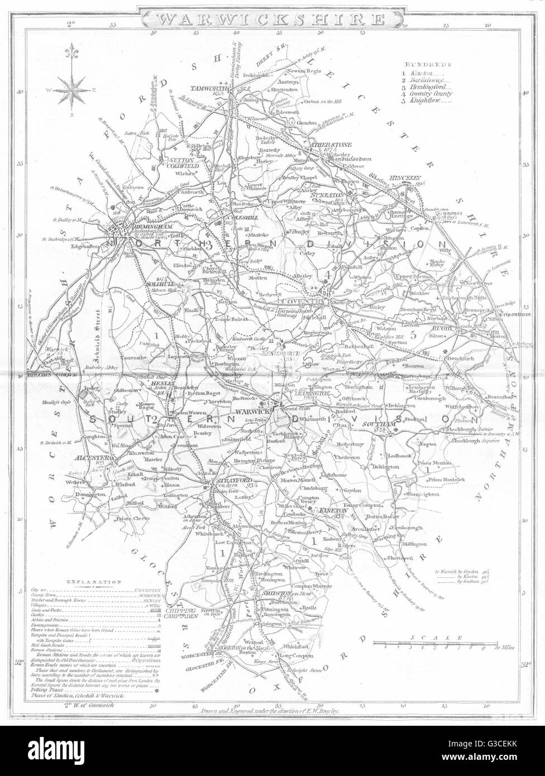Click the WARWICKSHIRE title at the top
tap(272, 18)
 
